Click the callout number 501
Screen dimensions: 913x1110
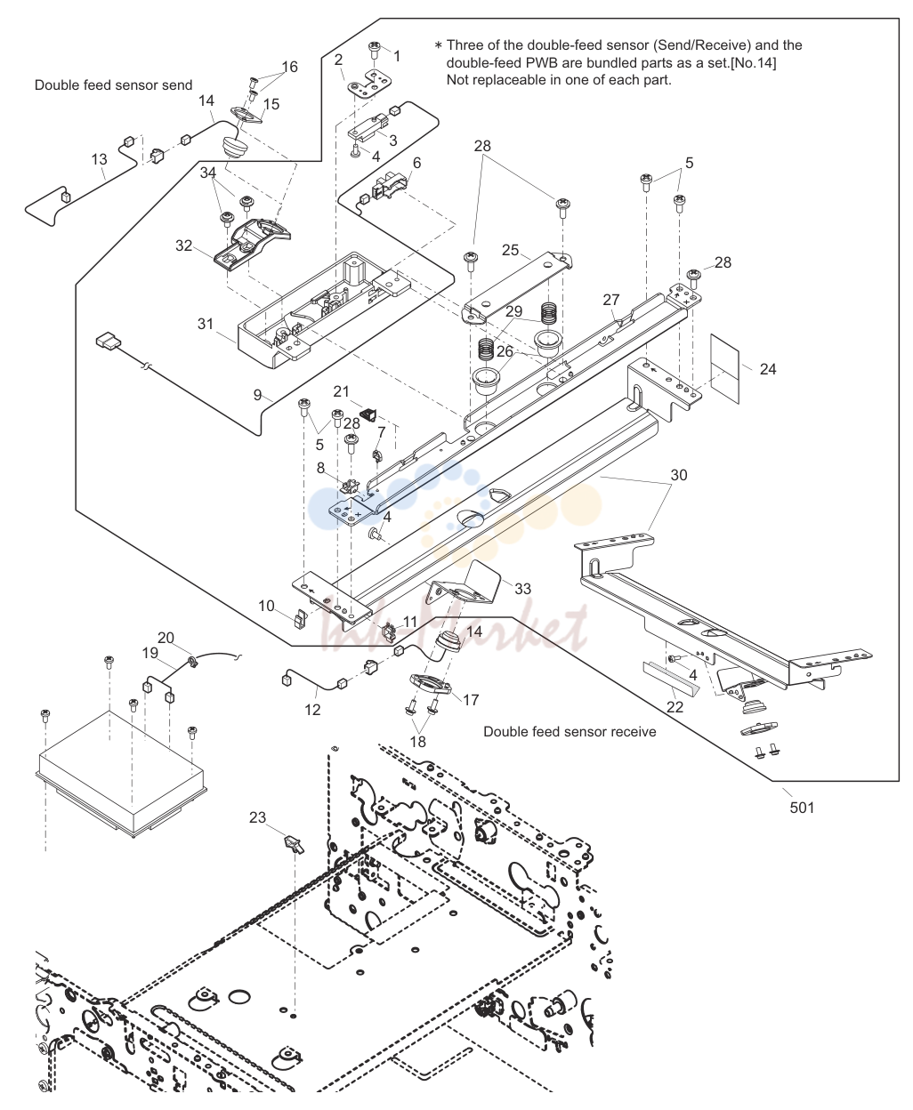802,807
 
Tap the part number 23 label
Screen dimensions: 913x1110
257,817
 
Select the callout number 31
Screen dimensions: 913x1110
206,324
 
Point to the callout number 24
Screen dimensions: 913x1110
768,369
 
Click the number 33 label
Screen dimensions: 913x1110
522,589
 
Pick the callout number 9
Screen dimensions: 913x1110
257,395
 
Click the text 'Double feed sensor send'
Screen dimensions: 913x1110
113,85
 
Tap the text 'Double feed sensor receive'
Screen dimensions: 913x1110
570,732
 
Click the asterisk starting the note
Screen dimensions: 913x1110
438,45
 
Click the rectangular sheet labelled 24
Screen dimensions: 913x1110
724,368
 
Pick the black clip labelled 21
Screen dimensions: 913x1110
368,415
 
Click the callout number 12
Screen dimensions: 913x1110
312,710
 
